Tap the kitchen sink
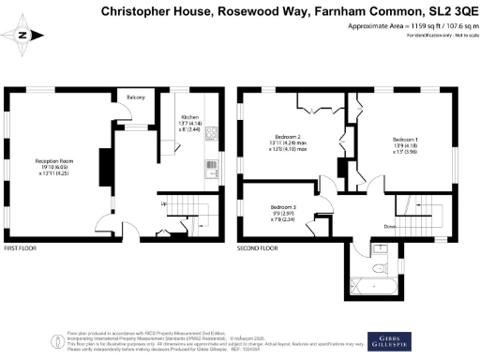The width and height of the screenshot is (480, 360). pyautogui.click(x=210, y=170)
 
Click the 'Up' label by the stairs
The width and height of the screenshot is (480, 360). pyautogui.click(x=165, y=204)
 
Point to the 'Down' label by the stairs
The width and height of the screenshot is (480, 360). pyautogui.click(x=389, y=226)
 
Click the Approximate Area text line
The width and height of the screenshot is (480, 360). pyautogui.click(x=405, y=26)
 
